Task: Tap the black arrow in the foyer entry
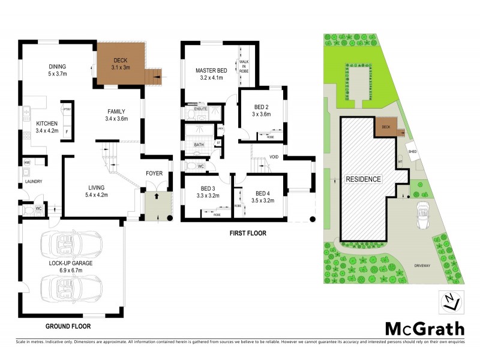click(x=157, y=196)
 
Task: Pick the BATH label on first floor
click(x=199, y=145)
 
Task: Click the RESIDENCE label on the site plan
click(x=362, y=179)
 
